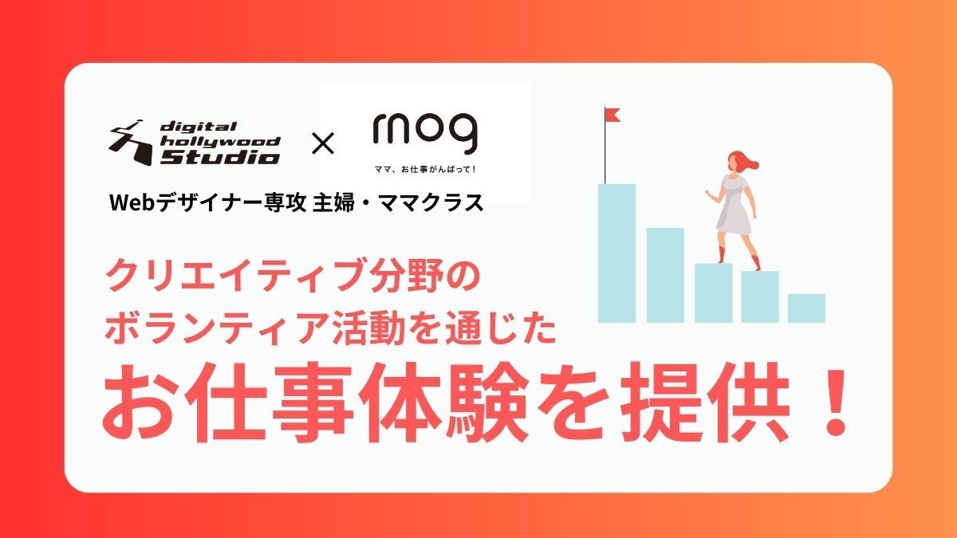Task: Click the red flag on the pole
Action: click(x=613, y=115)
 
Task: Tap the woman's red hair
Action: click(x=743, y=161)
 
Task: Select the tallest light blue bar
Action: click(x=616, y=253)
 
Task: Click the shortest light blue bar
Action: click(x=806, y=308)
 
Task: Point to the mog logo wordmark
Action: click(x=425, y=132)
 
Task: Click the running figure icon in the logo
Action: click(x=132, y=143)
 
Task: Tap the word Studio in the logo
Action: click(x=219, y=157)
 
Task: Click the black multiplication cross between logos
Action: click(x=323, y=143)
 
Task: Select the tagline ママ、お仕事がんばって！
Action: click(x=425, y=170)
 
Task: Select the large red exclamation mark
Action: click(x=835, y=403)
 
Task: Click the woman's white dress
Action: click(x=734, y=204)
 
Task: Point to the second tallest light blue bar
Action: click(x=665, y=275)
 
